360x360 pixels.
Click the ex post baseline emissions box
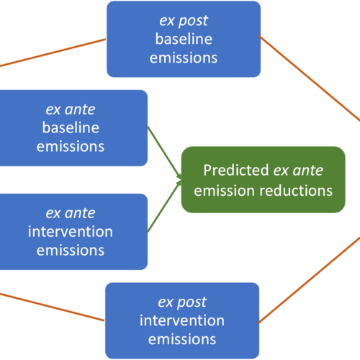184,39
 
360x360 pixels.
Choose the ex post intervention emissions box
182,320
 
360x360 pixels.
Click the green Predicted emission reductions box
263,179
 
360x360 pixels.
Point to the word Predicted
236,171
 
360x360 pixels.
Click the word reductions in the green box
296,191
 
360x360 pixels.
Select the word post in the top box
193,21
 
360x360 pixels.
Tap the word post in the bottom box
192,302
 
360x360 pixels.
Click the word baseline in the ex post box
184,39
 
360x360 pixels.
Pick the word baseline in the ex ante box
71,127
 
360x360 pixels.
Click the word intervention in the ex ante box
71,232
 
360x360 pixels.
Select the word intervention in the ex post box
182,320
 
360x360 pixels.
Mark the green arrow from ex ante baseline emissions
164,153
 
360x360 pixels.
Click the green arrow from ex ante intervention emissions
164,206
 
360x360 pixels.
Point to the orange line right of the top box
310,78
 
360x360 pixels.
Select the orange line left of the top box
53,53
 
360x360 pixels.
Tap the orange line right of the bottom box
309,280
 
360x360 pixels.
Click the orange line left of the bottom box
53,307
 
